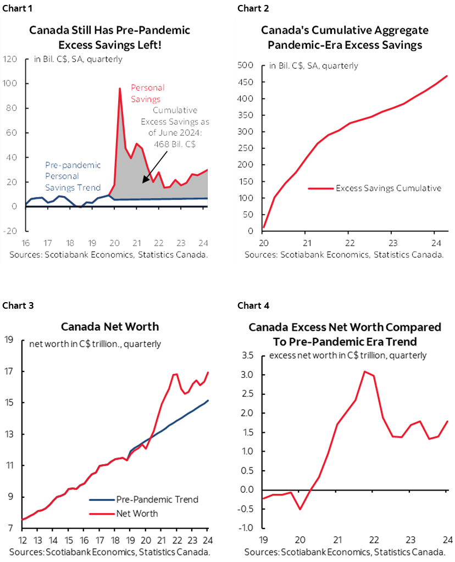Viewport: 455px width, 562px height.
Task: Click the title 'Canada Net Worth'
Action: [110, 326]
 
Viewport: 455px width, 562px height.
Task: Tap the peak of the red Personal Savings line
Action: [119, 88]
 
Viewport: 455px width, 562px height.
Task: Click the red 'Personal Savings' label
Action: [147, 93]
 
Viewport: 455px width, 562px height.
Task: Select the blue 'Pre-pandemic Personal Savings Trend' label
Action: [73, 176]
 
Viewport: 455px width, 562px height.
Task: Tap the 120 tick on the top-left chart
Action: [10, 59]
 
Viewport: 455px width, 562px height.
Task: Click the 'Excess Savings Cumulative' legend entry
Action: [388, 188]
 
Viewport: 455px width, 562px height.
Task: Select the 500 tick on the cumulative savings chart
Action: [245, 65]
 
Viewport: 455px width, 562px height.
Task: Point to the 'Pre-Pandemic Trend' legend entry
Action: [157, 499]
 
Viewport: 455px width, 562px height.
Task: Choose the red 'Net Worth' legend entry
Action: [137, 513]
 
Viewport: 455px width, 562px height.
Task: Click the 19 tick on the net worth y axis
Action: [8, 340]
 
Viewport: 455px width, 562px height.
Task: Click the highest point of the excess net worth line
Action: [364, 371]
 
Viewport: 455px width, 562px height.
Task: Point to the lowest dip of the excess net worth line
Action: [300, 509]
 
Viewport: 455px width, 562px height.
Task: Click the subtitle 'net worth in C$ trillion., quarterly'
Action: [95, 344]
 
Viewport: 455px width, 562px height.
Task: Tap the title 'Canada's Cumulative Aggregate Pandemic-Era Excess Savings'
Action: [345, 37]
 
